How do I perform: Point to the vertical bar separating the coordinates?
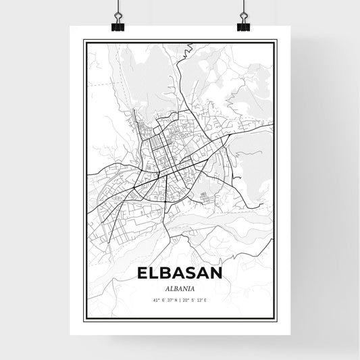click(x=180, y=301)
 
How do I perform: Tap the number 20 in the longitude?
click(x=187, y=301)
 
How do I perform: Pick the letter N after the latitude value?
click(x=174, y=301)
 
